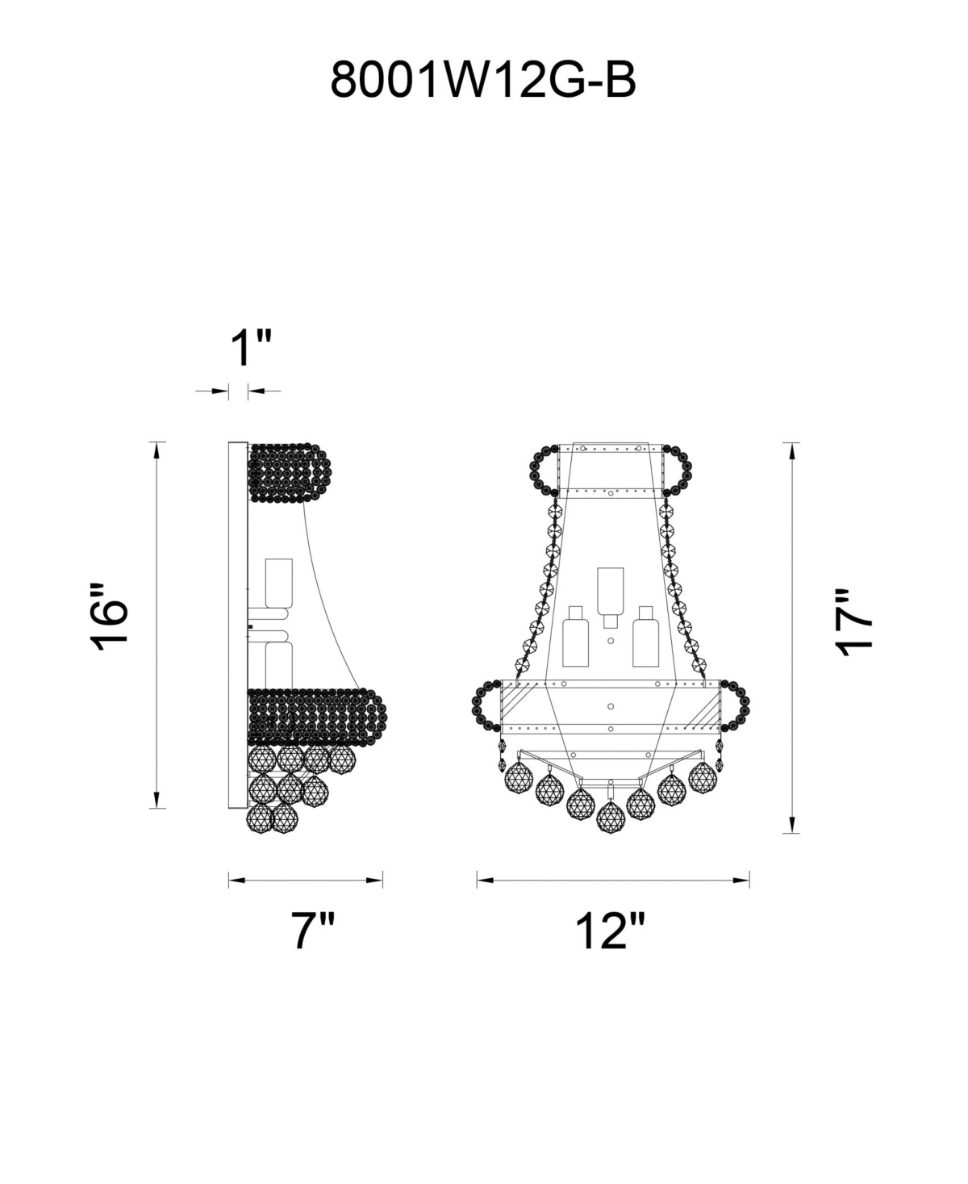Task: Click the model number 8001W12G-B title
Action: click(x=483, y=80)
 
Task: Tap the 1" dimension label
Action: click(x=251, y=348)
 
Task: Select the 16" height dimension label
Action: click(x=109, y=617)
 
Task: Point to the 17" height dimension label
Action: click(x=854, y=623)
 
